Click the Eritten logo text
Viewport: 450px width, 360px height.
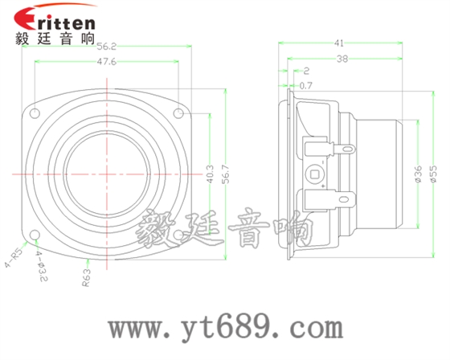pyautogui.click(x=55, y=18)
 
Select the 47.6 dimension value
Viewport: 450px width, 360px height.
pyautogui.click(x=106, y=62)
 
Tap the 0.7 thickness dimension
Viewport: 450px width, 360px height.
pyautogui.click(x=305, y=84)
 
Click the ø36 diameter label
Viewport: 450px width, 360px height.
pyautogui.click(x=418, y=174)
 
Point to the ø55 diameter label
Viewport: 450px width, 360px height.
pyautogui.click(x=433, y=174)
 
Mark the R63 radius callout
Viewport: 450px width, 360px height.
pyautogui.click(x=86, y=278)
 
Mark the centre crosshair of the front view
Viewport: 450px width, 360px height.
pyautogui.click(x=106, y=174)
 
